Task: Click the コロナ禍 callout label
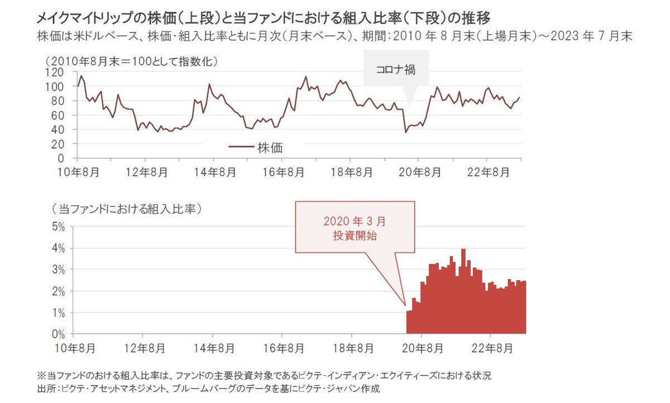tap(395, 70)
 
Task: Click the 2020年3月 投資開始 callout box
tap(355, 228)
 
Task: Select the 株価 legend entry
tap(270, 147)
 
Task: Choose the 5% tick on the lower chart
tap(59, 227)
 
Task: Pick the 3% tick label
tap(59, 270)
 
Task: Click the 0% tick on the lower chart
tap(59, 334)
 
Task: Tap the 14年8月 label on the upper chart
tap(213, 172)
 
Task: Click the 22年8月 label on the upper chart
tap(489, 172)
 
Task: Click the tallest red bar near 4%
tap(463, 290)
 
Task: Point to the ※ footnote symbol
tap(40, 375)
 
